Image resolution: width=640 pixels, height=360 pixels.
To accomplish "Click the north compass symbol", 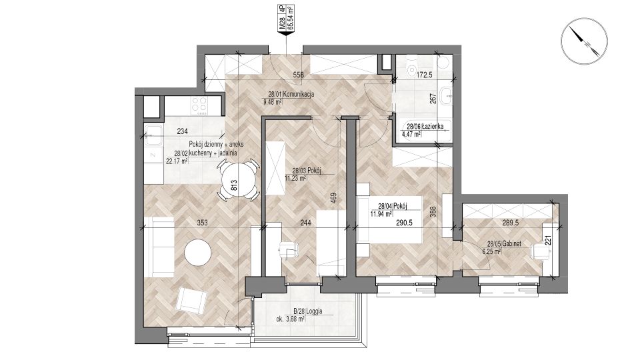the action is click(x=584, y=41).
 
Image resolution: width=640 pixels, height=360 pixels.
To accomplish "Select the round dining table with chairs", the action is click(x=239, y=179).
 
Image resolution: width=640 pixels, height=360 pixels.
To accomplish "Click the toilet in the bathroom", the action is click(x=412, y=69).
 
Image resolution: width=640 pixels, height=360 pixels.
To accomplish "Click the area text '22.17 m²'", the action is click(x=177, y=161).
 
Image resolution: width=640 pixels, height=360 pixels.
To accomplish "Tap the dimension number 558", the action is click(x=299, y=75).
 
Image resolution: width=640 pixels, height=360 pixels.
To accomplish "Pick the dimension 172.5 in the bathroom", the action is click(x=425, y=75).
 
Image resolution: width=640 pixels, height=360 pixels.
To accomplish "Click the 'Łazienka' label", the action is click(x=432, y=126).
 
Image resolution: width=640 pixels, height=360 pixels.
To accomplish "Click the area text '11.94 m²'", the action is click(x=381, y=213).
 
